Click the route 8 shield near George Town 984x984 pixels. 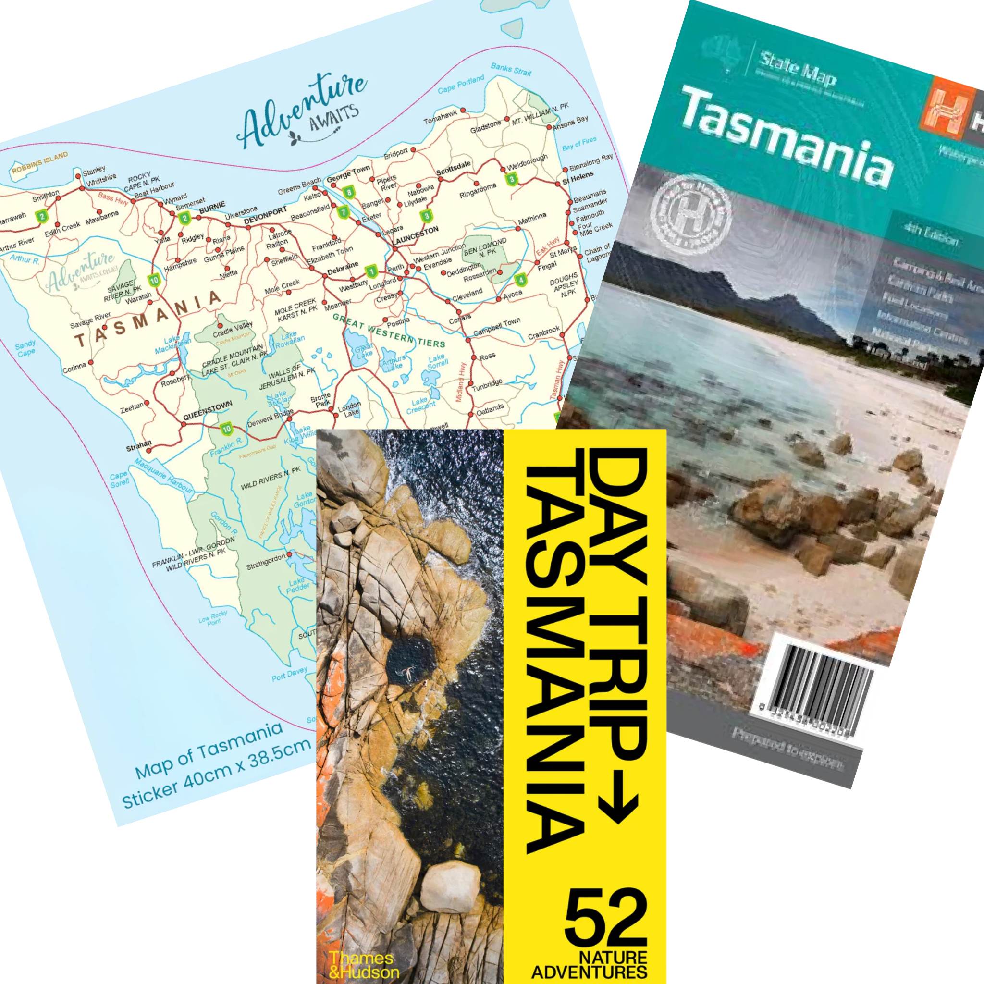click(x=348, y=192)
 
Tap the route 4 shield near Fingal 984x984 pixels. click(x=520, y=279)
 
